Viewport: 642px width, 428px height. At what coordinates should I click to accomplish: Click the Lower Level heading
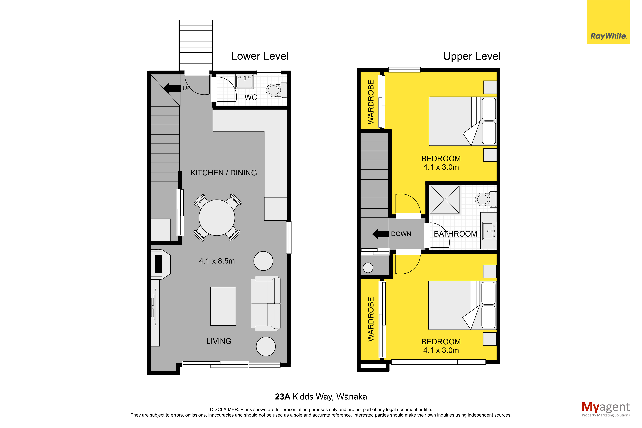pyautogui.click(x=260, y=56)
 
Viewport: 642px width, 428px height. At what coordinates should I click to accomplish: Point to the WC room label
pyautogui.click(x=251, y=97)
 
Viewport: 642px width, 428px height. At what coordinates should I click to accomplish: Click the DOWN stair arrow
pyautogui.click(x=381, y=234)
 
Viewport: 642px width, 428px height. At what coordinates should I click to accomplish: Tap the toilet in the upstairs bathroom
pyautogui.click(x=486, y=199)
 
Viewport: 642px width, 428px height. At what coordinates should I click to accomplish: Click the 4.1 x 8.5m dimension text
pyautogui.click(x=217, y=261)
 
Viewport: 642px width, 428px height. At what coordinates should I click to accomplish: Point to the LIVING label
pyautogui.click(x=219, y=341)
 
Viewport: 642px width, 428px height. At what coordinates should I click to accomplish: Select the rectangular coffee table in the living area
pyautogui.click(x=223, y=306)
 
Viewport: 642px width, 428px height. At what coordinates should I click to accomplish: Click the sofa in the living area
pyautogui.click(x=266, y=303)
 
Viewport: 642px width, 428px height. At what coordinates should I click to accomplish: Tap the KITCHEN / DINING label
pyautogui.click(x=223, y=173)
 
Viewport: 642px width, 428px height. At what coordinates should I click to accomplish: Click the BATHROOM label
pyautogui.click(x=455, y=234)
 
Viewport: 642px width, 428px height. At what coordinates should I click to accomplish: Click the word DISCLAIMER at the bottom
pyautogui.click(x=224, y=409)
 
